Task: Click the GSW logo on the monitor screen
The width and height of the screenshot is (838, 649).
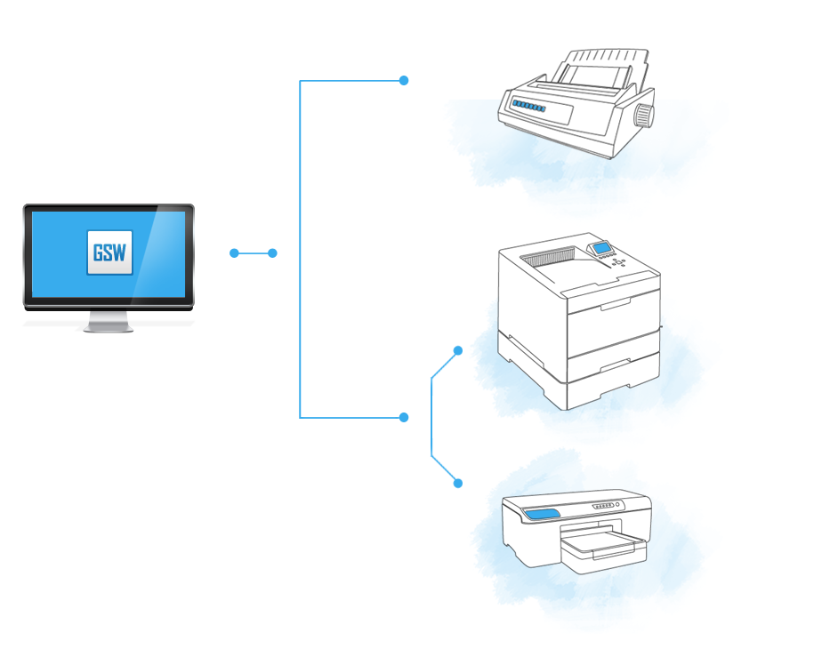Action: [109, 252]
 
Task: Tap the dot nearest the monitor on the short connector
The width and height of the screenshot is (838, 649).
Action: [234, 253]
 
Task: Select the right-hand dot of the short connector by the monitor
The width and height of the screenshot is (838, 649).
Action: [272, 253]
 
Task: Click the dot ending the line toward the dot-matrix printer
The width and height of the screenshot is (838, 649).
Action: [404, 81]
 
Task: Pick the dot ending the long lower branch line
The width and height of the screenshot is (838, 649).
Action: [404, 417]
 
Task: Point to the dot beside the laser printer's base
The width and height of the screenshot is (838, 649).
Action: [458, 350]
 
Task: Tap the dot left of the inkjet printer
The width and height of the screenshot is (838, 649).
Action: [458, 484]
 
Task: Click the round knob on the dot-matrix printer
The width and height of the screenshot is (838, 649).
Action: [643, 115]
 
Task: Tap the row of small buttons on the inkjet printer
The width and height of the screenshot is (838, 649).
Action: [605, 506]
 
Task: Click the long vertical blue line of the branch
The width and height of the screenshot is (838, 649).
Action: [300, 249]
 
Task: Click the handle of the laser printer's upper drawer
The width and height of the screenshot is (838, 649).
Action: [614, 306]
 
